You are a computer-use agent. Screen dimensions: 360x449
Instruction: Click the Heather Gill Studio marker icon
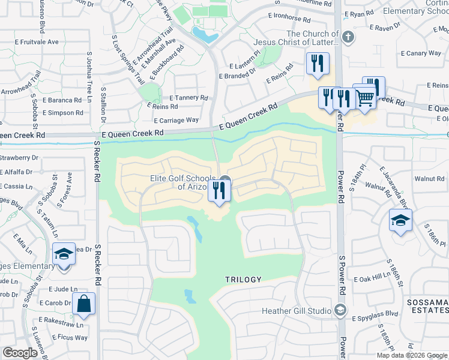pos(340,310)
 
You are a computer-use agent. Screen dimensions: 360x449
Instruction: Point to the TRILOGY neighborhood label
pos(244,280)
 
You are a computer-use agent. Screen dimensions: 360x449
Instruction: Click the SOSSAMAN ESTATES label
pos(426,305)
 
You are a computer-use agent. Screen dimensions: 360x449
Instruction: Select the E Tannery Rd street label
pos(188,98)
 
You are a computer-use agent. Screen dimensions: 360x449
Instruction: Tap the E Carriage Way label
pos(176,121)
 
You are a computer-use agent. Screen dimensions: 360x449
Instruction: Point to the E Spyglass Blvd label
pos(375,314)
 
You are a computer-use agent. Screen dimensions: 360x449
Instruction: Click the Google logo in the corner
pos(20,353)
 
